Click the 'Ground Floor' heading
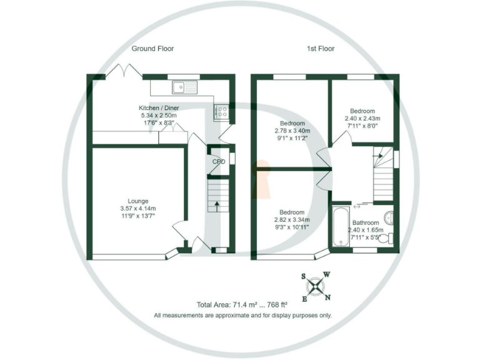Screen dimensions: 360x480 [152, 48]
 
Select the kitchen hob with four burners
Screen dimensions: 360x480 [221, 111]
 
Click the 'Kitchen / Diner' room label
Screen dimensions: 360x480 [158, 107]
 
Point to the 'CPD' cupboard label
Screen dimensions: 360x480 [218, 162]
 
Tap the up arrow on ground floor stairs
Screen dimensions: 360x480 [217, 204]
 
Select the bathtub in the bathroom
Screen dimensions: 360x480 [341, 227]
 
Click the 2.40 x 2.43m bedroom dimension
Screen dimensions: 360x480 [362, 118]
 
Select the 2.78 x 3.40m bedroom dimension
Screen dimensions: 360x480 [292, 131]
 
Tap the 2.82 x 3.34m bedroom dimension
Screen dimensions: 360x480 [292, 220]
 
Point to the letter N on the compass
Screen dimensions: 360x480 [328, 297]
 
